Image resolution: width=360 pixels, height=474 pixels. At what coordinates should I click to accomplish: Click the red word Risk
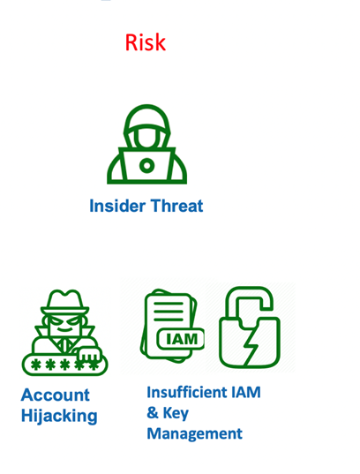click(x=146, y=42)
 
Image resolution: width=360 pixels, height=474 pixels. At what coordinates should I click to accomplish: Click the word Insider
click(x=117, y=206)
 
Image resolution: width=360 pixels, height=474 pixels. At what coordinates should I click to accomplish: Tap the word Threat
click(x=177, y=206)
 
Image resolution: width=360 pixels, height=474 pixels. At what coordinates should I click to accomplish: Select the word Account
click(x=56, y=395)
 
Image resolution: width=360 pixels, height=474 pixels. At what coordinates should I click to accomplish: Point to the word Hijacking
click(x=59, y=417)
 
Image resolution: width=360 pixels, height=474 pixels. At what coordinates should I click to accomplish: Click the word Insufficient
click(x=186, y=392)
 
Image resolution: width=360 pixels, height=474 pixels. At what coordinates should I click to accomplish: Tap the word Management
click(x=195, y=434)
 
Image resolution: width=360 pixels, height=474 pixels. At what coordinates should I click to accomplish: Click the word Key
click(x=176, y=413)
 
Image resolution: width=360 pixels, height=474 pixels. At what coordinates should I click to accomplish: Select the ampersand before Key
click(x=153, y=413)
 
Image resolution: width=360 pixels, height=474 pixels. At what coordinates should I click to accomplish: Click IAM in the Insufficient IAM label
click(x=246, y=392)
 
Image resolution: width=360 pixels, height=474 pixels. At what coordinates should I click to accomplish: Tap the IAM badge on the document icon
click(x=181, y=339)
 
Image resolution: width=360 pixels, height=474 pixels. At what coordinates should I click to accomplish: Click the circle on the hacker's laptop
click(x=146, y=165)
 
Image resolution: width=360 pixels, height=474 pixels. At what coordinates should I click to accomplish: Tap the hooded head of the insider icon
click(x=146, y=126)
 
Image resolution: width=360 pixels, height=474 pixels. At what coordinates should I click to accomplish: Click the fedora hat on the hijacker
click(x=65, y=302)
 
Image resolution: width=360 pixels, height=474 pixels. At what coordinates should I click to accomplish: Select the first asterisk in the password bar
click(x=36, y=365)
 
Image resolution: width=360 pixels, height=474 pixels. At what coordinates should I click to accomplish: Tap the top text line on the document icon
click(x=169, y=304)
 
